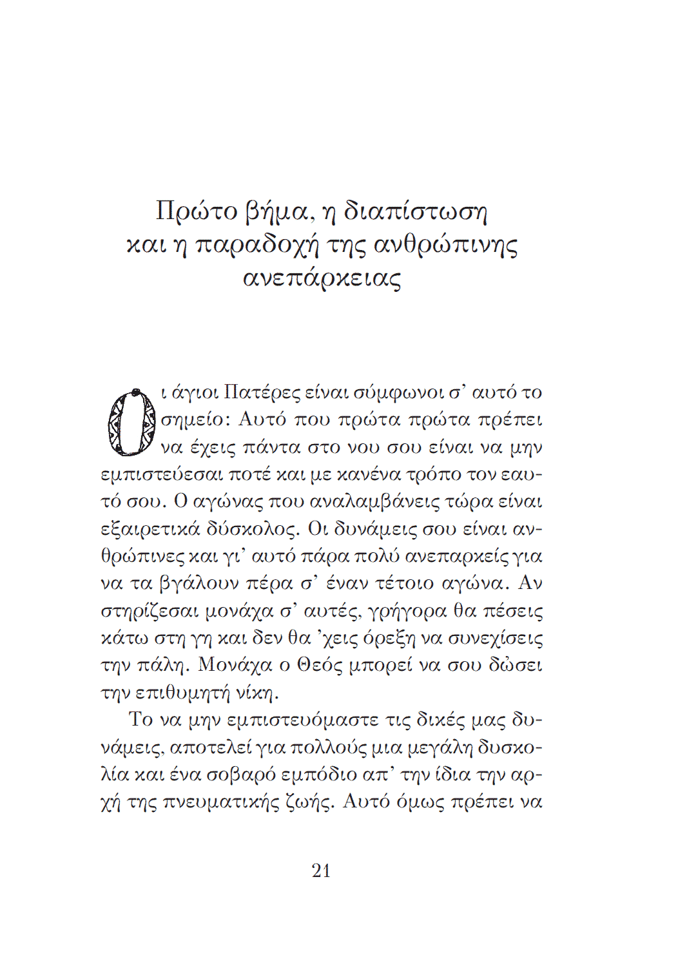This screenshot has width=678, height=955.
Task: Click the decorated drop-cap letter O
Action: (x=131, y=423)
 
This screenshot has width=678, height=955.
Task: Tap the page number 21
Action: (x=321, y=871)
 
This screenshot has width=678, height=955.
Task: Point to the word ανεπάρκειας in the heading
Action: (x=322, y=279)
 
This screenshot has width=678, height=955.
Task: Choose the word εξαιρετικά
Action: (x=148, y=530)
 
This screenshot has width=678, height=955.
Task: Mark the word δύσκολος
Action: (x=253, y=530)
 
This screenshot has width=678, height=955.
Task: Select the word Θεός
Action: (x=320, y=666)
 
